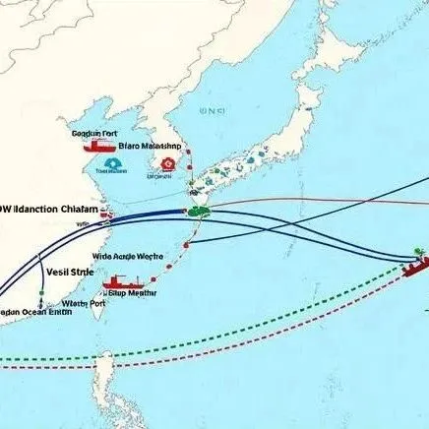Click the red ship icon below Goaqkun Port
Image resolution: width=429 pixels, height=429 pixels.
(99, 145)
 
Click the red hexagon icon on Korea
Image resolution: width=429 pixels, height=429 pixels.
(168, 163)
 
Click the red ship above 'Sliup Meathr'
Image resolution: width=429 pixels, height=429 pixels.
(115, 281)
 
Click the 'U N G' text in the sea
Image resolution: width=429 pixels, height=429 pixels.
(212, 111)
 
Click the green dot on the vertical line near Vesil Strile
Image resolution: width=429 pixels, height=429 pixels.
(41, 292)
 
